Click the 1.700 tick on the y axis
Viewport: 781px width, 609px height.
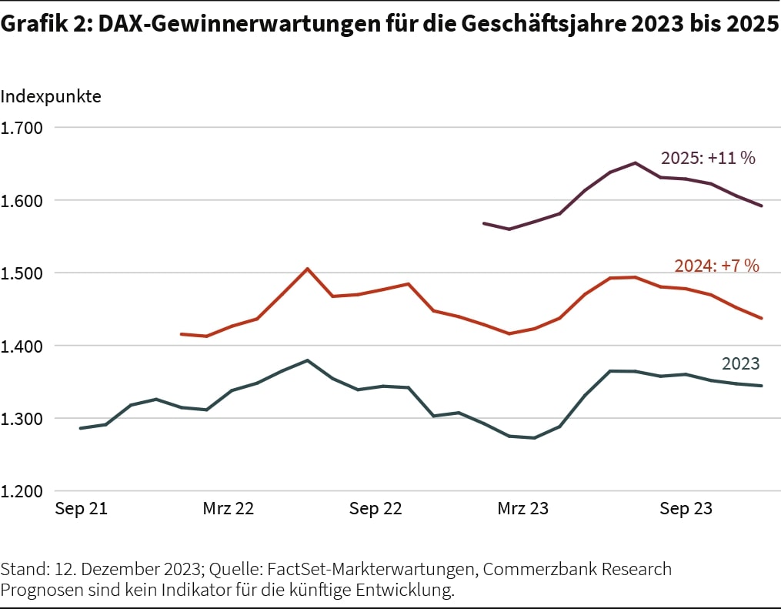[22, 128]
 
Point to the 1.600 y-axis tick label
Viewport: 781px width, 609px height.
[22, 200]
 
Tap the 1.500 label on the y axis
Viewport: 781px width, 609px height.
[22, 273]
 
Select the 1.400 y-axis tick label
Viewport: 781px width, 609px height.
[22, 346]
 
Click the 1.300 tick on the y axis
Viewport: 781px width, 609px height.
[22, 419]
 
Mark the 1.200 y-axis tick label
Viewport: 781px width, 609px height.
[22, 491]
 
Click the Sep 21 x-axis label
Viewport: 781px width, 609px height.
[81, 510]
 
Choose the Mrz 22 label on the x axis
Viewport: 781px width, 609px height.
[229, 510]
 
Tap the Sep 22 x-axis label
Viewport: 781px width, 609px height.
[375, 510]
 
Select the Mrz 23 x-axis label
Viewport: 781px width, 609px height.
[523, 510]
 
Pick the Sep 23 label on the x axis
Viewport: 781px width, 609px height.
[686, 510]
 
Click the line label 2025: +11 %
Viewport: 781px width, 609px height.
[708, 159]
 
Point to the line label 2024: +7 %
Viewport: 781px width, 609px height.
[716, 266]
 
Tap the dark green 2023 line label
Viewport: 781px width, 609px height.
[740, 364]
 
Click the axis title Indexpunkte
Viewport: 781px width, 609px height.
[51, 97]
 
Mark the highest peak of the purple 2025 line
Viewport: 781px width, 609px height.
[635, 162]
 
